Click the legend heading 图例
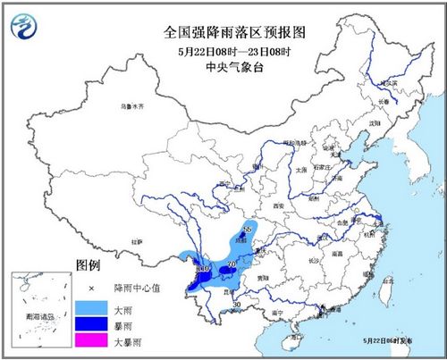pos(87,266)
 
